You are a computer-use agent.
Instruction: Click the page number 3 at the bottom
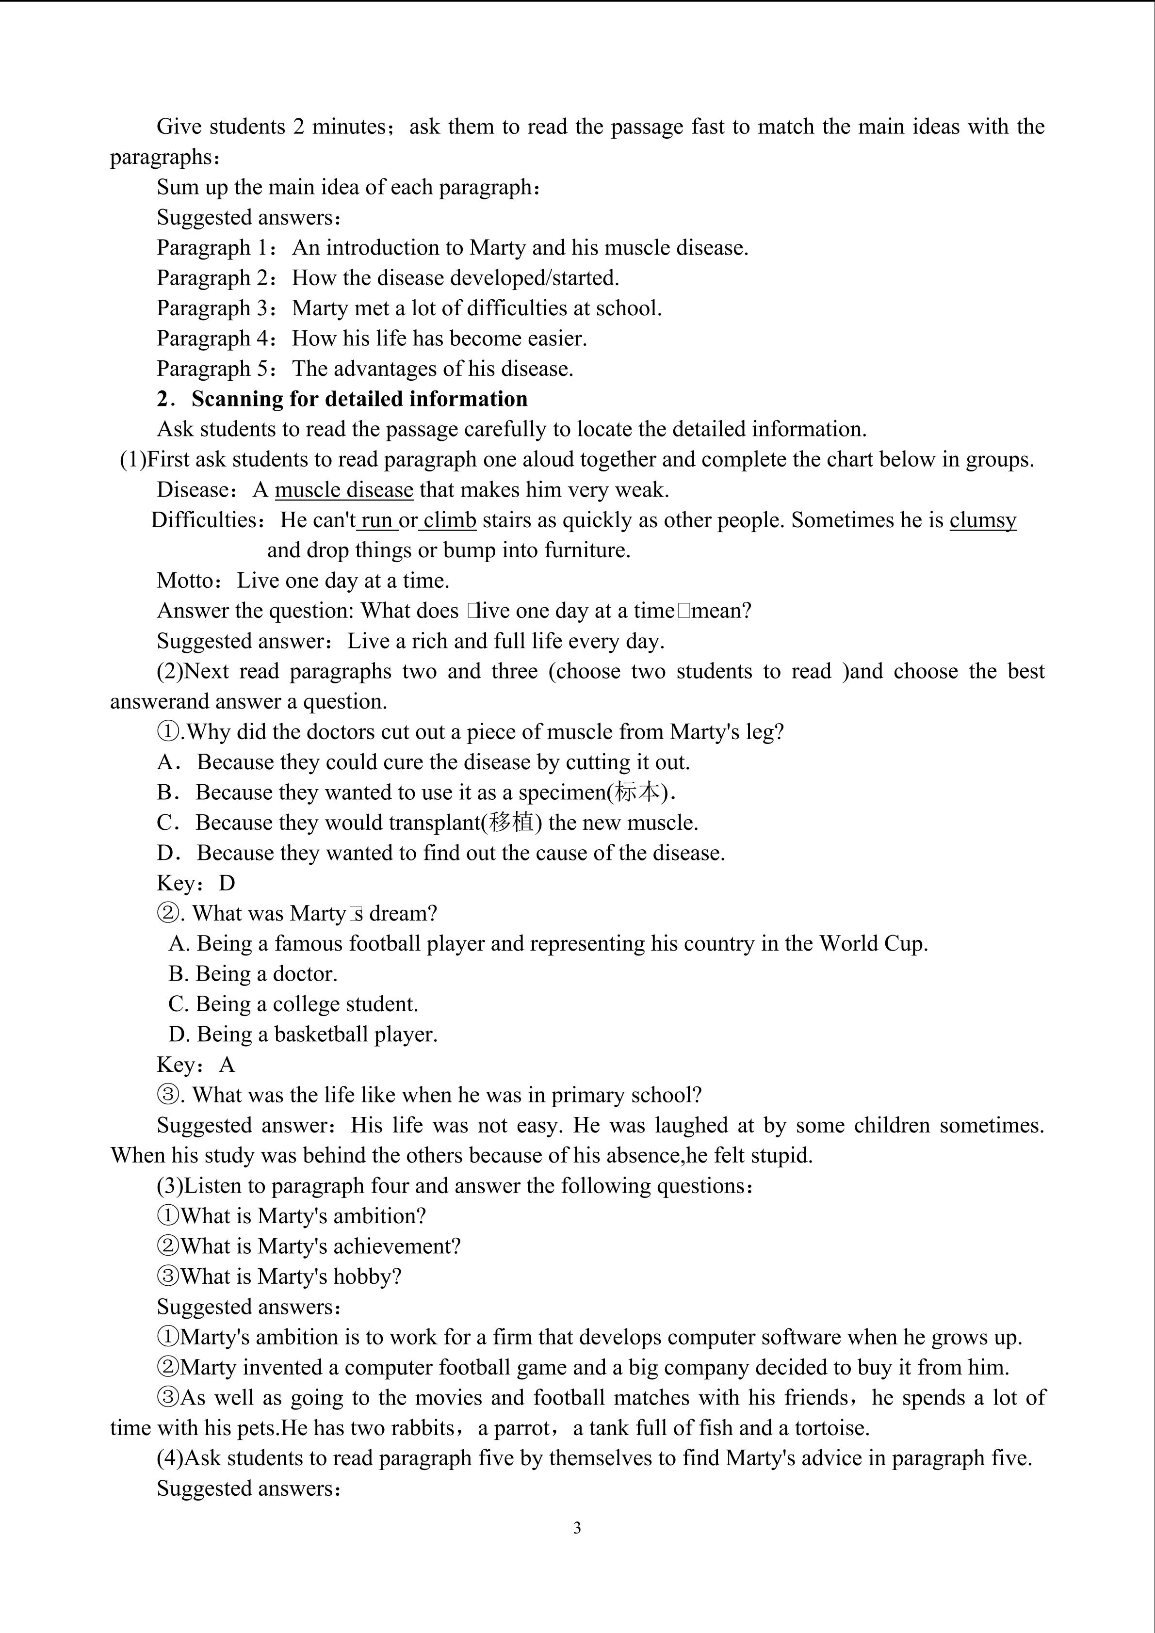pyautogui.click(x=577, y=1528)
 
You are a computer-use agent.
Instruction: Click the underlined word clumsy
pyautogui.click(x=983, y=520)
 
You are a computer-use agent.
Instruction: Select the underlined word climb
pyautogui.click(x=450, y=520)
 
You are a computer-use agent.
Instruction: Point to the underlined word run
pyautogui.click(x=377, y=520)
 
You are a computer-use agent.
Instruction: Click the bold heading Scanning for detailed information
pyautogui.click(x=359, y=399)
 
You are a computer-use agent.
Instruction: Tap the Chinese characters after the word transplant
pyautogui.click(x=512, y=823)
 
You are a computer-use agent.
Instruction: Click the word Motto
pyautogui.click(x=184, y=581)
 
